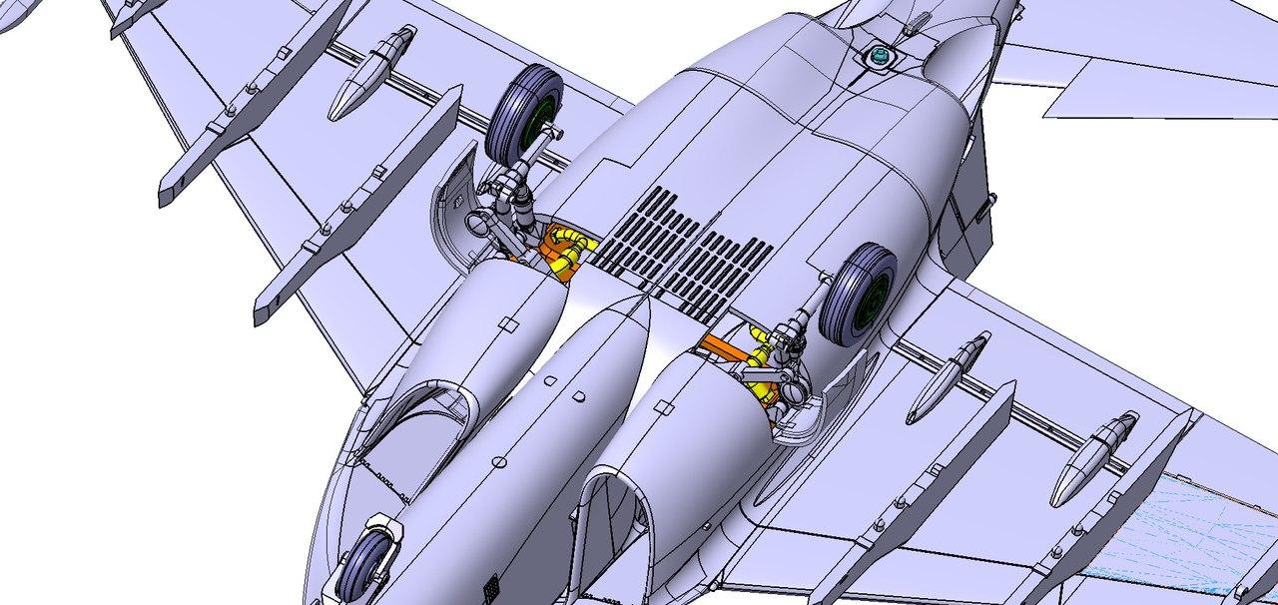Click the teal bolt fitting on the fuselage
[880, 57]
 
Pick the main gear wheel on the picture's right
[858, 295]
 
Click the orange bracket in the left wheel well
[548, 243]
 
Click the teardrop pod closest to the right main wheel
[948, 378]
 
